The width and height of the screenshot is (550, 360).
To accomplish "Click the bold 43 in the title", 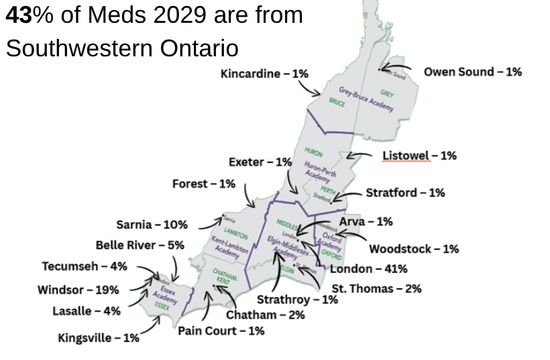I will click(19, 15).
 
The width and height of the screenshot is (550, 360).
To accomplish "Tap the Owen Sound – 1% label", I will click(472, 72).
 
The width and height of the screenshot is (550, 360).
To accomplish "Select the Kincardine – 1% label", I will click(264, 74).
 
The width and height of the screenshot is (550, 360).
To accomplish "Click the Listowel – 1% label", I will click(419, 156).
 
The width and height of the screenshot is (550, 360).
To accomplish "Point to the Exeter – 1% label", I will click(260, 162).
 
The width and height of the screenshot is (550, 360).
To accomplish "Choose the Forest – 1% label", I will click(204, 184).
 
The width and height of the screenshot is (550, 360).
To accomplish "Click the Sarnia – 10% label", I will click(152, 225).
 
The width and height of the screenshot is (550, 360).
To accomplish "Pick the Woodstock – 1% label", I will click(414, 249).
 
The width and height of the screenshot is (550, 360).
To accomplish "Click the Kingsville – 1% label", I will click(99, 338).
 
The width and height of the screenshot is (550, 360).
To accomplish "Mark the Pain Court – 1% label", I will click(221, 331).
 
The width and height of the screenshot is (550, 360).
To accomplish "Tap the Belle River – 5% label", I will click(140, 245).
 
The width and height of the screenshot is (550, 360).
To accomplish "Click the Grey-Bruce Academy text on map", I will click(366, 99).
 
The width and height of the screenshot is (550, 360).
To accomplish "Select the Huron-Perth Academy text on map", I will click(317, 170).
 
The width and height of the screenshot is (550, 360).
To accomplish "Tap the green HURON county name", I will click(314, 152).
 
